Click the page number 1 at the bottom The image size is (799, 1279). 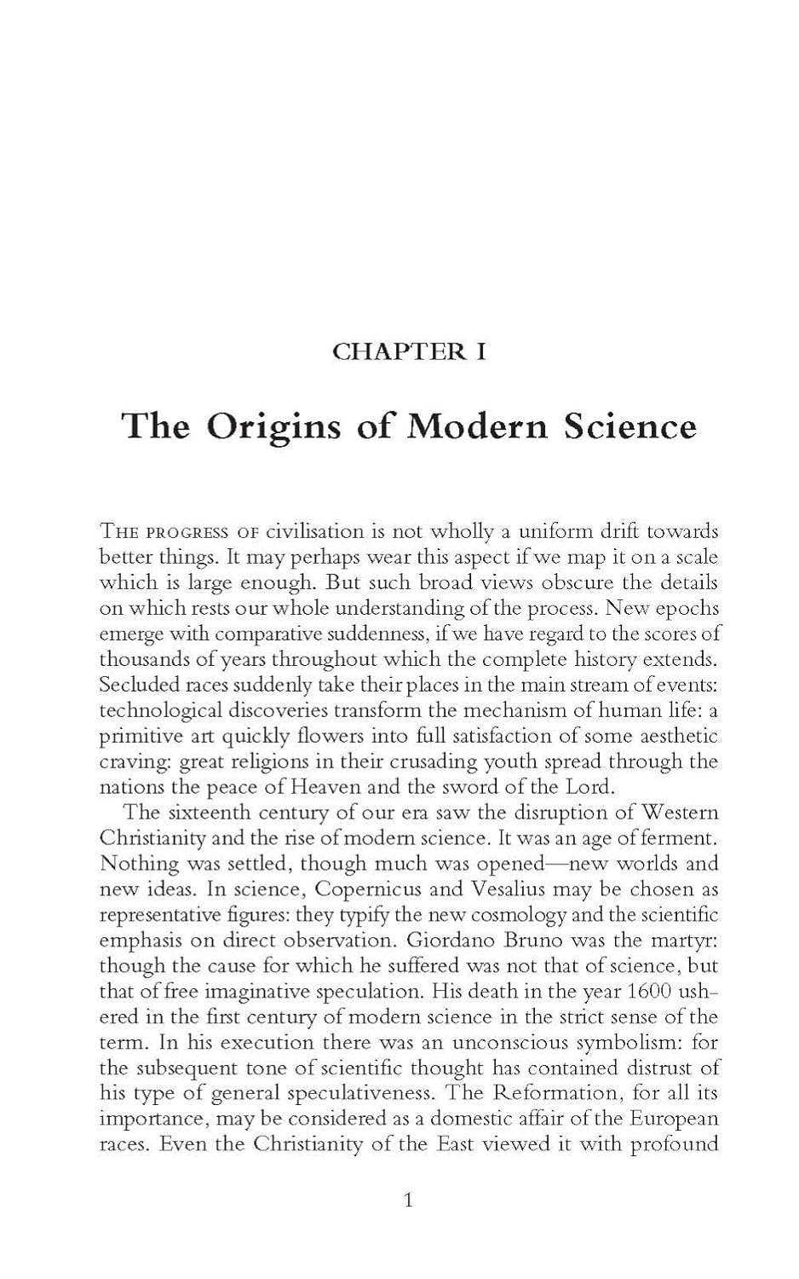point(408,1201)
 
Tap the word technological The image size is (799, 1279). point(158,709)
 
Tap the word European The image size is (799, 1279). point(675,1119)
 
